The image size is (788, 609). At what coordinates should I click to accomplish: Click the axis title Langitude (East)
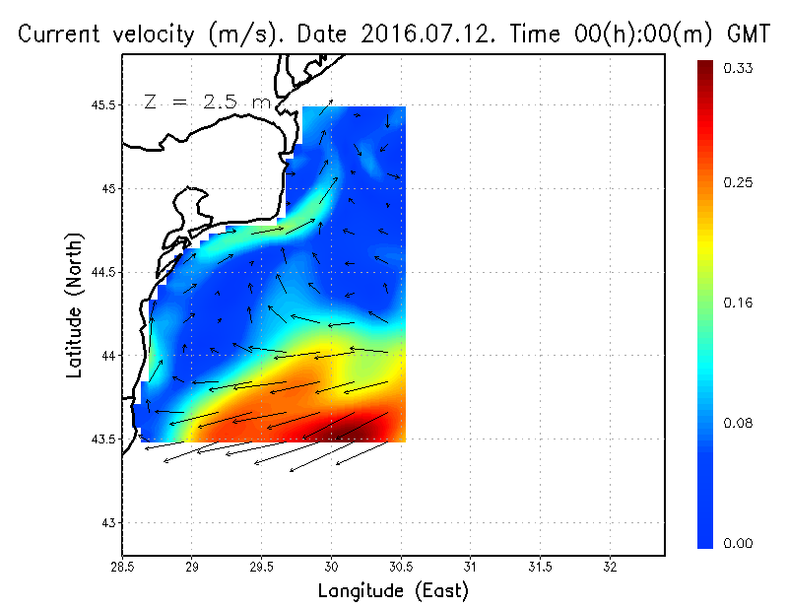coord(393,590)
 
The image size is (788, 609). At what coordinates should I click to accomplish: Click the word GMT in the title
coord(749,34)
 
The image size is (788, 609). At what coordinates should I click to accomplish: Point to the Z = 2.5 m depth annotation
coord(206,101)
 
